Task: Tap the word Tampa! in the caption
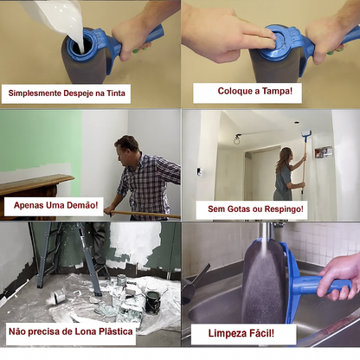pyautogui.click(x=277, y=91)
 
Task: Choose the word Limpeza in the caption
pyautogui.click(x=226, y=333)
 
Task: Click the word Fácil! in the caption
pyautogui.click(x=260, y=333)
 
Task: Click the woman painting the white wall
pyautogui.click(x=286, y=174)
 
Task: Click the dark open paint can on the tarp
pyautogui.click(x=153, y=302)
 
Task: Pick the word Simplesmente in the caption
pyautogui.click(x=35, y=93)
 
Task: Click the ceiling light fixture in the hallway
pyautogui.click(x=237, y=139)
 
